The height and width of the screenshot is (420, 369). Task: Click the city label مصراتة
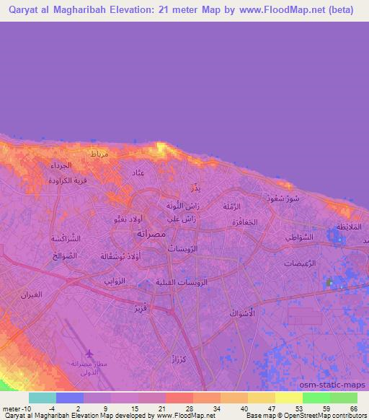click(150, 235)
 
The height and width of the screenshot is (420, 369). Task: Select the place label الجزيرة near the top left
click(61, 165)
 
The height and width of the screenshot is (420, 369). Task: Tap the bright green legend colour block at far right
click(343, 397)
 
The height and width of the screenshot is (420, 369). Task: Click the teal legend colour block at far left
click(42, 397)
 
